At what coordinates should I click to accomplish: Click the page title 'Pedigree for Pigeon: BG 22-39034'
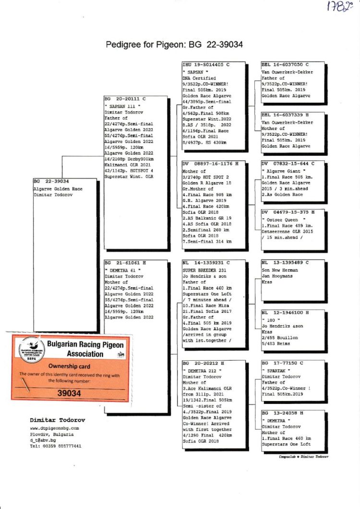(174, 45)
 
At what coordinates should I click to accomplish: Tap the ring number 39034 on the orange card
(69, 393)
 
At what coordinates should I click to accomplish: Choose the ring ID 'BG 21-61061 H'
(125, 263)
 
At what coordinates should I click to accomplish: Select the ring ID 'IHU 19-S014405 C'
(206, 64)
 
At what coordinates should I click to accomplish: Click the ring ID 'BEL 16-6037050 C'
(285, 64)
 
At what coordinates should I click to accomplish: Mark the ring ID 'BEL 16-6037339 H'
(285, 115)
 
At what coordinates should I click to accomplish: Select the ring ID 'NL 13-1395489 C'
(285, 263)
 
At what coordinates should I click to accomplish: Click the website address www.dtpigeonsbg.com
(54, 428)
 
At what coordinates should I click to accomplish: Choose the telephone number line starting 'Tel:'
(55, 446)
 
